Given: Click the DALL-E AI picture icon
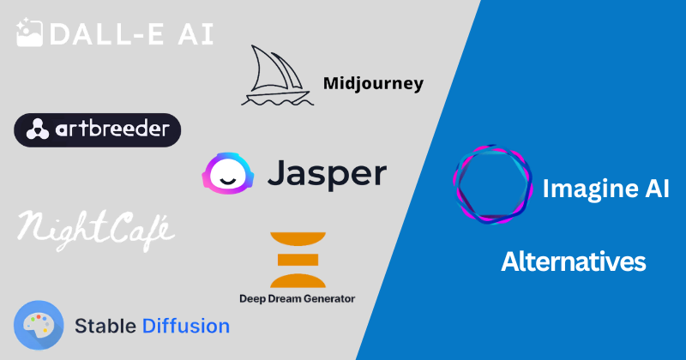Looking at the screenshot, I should tap(30, 33).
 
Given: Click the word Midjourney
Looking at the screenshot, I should tap(373, 83).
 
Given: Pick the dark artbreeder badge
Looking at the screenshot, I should tap(97, 130).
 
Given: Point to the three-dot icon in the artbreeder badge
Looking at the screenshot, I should tap(37, 130).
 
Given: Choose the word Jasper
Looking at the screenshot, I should tap(326, 175).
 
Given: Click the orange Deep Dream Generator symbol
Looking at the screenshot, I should tap(296, 259).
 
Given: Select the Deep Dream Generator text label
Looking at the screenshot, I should tap(297, 298).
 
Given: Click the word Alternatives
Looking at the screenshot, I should tap(573, 261).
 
